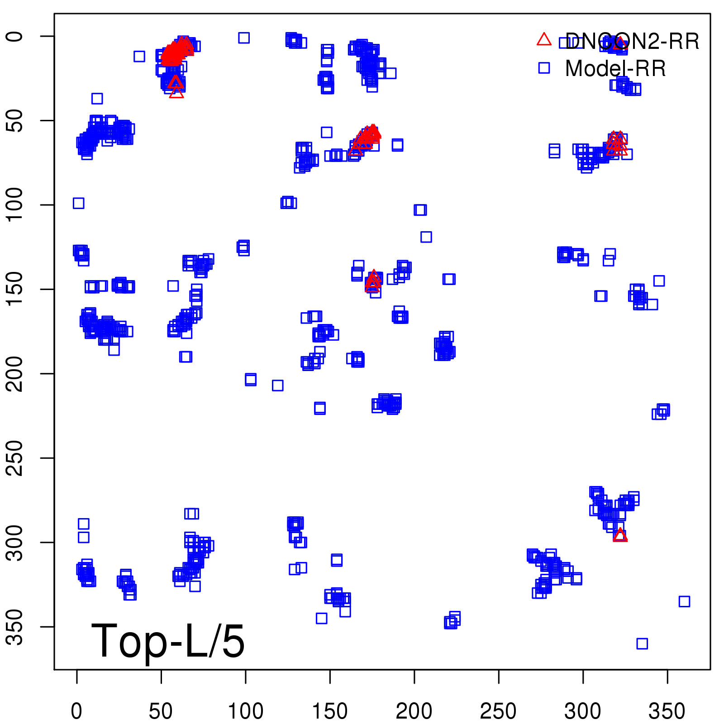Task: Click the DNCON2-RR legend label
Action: coord(632,42)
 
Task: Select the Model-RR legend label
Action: coord(615,69)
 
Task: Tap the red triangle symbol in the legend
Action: coord(544,40)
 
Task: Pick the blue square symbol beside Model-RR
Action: coord(544,68)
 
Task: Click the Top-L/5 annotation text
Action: coord(168,641)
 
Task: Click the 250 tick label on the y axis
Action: coord(15,458)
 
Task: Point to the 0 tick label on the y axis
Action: coord(15,36)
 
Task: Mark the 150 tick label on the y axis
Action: coord(15,289)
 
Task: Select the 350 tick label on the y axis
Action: coord(15,627)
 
